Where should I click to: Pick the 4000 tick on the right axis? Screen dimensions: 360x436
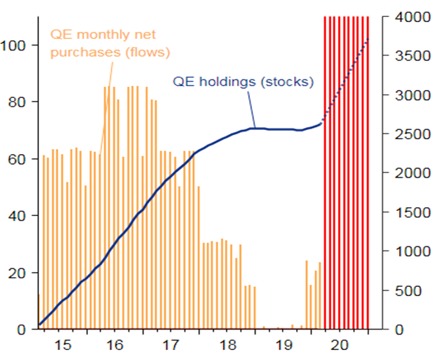coord(405,17)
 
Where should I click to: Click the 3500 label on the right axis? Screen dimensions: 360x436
coord(405,56)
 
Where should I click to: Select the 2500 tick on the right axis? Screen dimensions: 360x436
coord(405,134)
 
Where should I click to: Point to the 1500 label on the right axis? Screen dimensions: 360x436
coord(405,212)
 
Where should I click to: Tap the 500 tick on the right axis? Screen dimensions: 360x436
coord(409,290)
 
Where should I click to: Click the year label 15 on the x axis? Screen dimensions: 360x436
coord(62,346)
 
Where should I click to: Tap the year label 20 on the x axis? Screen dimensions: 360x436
coord(339,346)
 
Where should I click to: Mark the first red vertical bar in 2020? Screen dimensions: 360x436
coord(325,170)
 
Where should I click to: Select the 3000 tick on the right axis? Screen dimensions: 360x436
coord(405,95)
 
